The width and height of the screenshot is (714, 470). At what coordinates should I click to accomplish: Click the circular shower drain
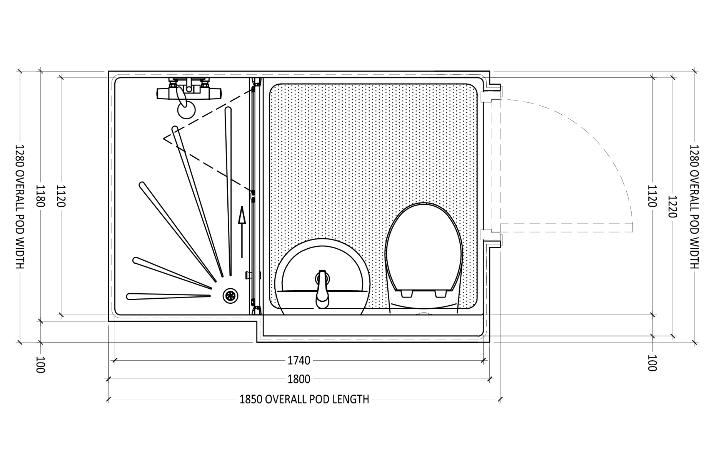point(230,296)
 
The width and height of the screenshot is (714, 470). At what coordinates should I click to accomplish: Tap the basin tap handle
point(322,290)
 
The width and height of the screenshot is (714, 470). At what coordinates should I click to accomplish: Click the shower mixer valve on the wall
point(189,90)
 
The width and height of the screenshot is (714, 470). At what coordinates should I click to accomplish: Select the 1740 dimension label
point(299,361)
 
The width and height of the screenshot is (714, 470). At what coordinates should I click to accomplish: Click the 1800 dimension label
point(299,380)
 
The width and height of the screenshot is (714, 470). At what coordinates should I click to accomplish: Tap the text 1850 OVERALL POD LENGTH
point(304,400)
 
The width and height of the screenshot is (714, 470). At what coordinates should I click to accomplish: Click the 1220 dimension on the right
point(672,207)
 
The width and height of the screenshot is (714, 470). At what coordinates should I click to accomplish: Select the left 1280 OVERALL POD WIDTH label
point(20,207)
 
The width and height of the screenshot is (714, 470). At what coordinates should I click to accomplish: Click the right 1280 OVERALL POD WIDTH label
point(694,207)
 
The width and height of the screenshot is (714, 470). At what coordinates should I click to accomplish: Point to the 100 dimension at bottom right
point(652,363)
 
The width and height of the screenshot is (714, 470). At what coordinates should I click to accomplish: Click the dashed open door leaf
point(566,228)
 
